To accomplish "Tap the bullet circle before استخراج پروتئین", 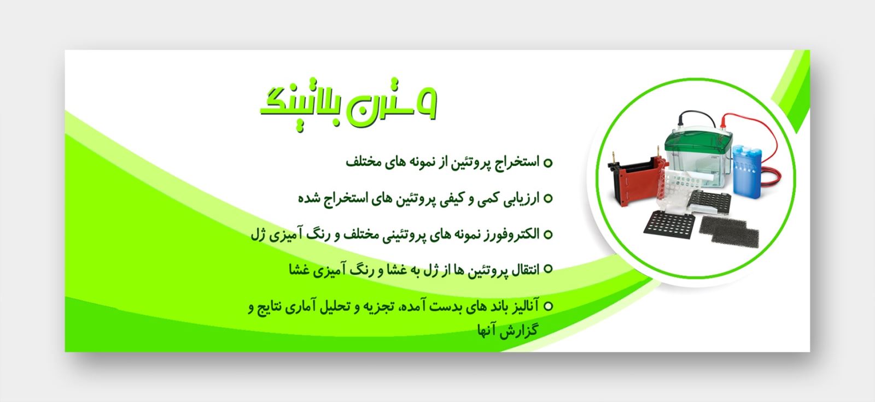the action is tap(548, 163).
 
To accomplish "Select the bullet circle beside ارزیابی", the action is tap(548, 199).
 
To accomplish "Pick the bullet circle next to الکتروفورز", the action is tap(548, 234).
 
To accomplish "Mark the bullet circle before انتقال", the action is tap(548, 269).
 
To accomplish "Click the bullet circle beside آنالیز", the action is tap(548, 306).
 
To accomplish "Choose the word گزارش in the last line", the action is tap(521, 330).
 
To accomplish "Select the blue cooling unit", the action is tap(747, 170).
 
